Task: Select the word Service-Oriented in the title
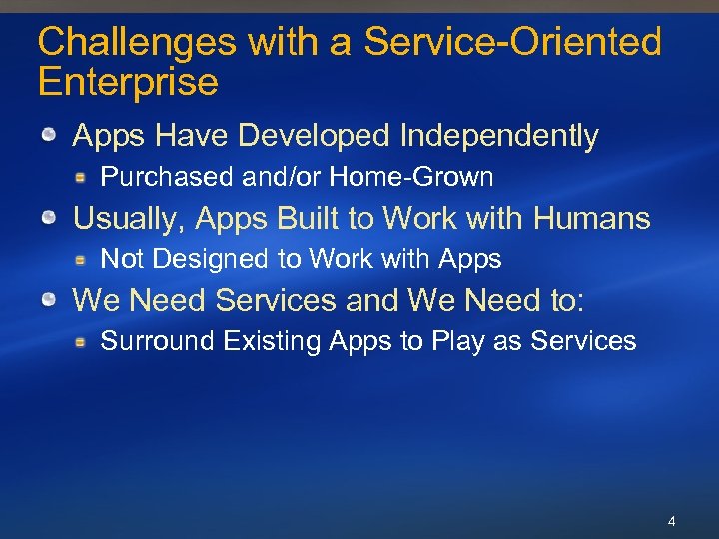tap(512, 42)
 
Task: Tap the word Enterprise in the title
tap(128, 82)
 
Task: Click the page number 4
tap(671, 521)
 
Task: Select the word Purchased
tap(167, 178)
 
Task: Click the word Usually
tap(129, 218)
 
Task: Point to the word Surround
tap(158, 341)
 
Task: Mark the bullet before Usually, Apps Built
tap(48, 218)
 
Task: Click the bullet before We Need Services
tap(48, 299)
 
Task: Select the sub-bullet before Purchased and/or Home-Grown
tap(86, 178)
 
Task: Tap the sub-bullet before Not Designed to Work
tap(86, 260)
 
